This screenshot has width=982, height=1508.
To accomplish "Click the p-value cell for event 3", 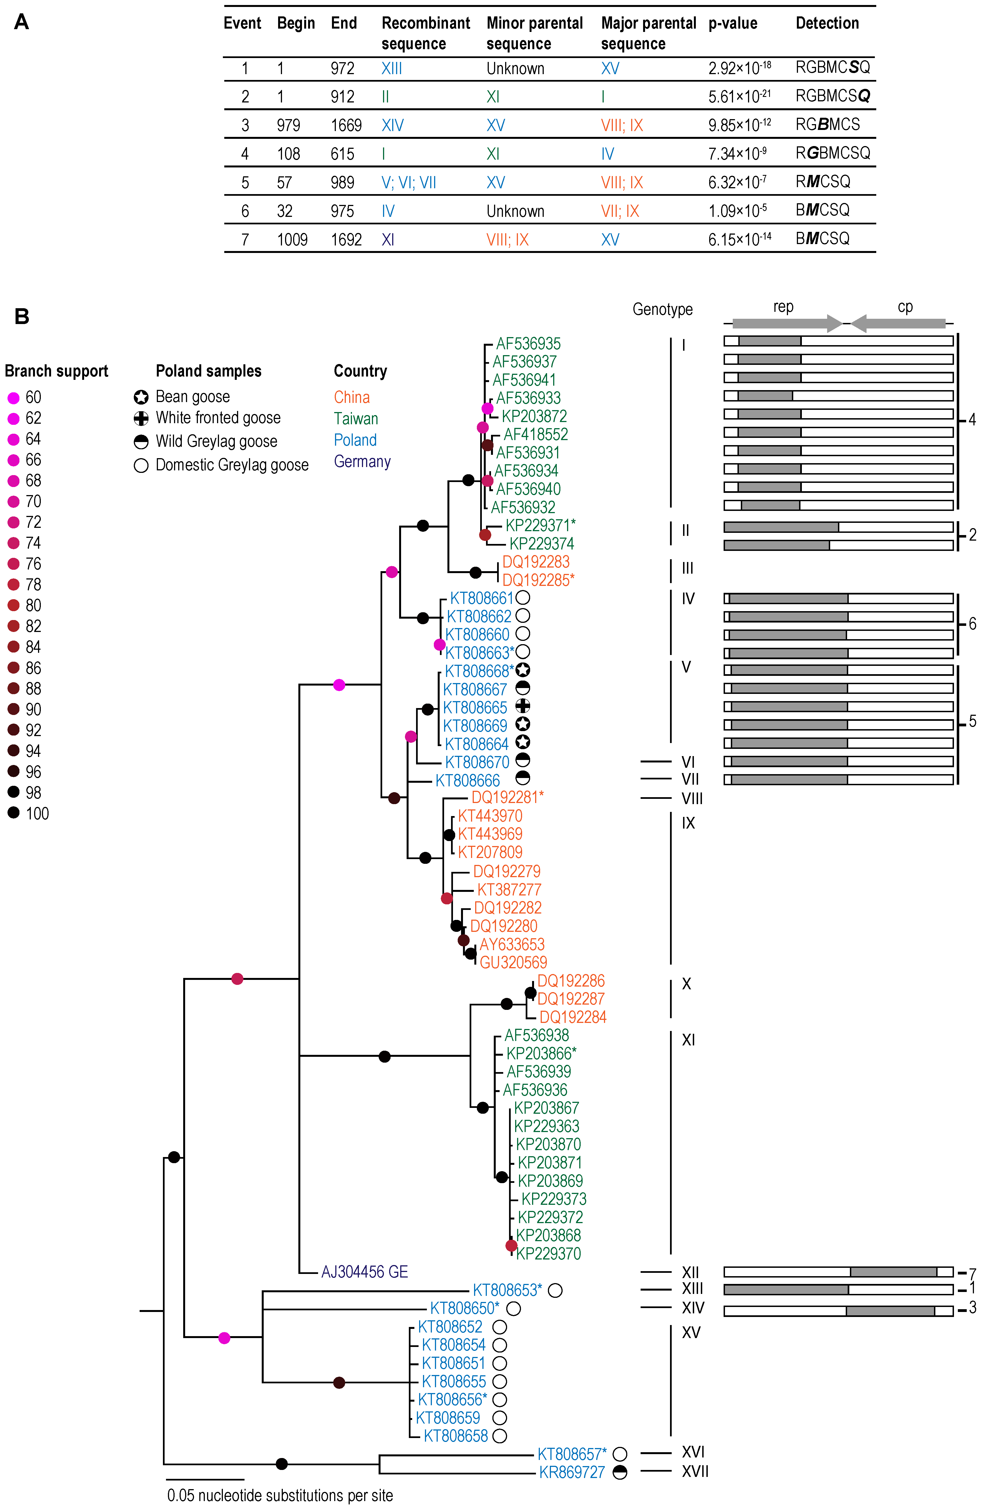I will [x=739, y=125].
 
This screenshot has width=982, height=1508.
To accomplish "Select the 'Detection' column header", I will [x=827, y=23].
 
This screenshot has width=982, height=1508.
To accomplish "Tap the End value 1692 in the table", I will [x=346, y=240].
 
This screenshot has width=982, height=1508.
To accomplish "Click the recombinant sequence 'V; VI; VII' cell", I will [x=409, y=182].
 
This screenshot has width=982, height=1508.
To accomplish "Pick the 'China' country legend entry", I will [x=352, y=397].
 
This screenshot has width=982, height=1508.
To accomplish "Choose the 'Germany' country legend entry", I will [x=362, y=461].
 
